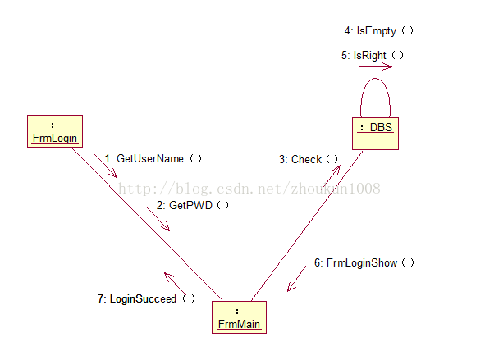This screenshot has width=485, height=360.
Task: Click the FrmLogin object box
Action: [x=55, y=131]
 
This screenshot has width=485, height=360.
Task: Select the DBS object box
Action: [x=375, y=134]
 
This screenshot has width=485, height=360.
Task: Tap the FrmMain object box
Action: [x=239, y=317]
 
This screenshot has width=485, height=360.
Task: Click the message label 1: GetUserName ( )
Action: [x=153, y=158]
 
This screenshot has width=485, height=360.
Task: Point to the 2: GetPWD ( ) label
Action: [x=192, y=205]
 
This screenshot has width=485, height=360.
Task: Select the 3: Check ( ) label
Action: [x=309, y=159]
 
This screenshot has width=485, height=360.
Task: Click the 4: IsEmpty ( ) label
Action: [x=378, y=31]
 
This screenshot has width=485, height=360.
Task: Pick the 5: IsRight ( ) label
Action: [x=373, y=55]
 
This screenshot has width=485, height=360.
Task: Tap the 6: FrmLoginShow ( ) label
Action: [x=364, y=262]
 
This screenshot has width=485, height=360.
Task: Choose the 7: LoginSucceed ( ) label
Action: [x=146, y=298]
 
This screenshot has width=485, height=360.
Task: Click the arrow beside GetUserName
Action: [x=106, y=166]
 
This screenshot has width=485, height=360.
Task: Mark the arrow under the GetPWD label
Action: [x=158, y=219]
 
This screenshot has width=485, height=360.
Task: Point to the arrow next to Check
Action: [x=331, y=177]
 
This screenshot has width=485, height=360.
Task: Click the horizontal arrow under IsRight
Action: [x=376, y=66]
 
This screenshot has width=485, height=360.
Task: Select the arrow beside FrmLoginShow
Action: [x=296, y=279]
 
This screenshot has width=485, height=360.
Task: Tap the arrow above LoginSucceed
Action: [x=175, y=284]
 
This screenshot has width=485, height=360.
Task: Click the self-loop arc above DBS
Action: [x=375, y=79]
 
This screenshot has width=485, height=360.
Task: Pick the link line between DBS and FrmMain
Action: [x=307, y=226]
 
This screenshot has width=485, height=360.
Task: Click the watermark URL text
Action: [x=249, y=189]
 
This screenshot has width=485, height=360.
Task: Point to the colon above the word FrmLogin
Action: [x=53, y=125]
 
